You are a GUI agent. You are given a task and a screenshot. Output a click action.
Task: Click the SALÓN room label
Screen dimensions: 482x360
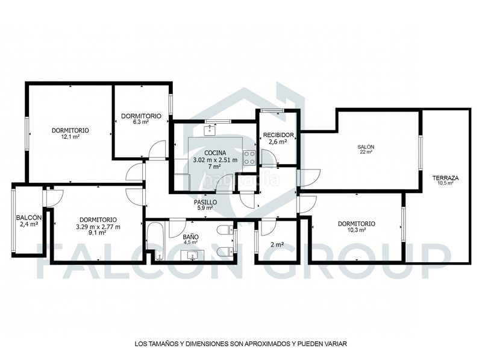click(366, 147)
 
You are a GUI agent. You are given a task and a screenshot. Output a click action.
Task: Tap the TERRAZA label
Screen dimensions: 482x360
click(445, 178)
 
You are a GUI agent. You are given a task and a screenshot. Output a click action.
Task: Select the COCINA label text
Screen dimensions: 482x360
click(215, 153)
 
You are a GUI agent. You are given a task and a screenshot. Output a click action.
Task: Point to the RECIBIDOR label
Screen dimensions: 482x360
click(278, 134)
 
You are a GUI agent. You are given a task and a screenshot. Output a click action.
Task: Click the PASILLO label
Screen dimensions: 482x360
click(205, 202)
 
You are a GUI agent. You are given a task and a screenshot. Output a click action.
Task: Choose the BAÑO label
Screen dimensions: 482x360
click(190, 237)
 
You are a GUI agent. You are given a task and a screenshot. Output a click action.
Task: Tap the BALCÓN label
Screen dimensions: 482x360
click(29, 218)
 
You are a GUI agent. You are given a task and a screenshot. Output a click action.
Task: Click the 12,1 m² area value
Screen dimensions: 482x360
click(70, 137)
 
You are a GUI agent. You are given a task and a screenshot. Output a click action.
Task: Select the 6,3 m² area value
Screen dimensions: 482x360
click(141, 122)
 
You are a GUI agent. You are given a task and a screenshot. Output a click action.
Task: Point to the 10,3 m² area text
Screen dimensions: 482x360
click(357, 230)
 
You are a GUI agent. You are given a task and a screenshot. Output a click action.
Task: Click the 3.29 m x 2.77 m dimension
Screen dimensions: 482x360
click(98, 227)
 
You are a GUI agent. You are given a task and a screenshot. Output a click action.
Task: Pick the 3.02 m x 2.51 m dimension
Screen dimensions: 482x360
click(215, 160)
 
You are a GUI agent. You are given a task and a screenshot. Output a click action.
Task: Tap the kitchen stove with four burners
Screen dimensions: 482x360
click(249, 157)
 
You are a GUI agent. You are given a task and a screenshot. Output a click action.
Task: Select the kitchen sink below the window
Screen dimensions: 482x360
click(210, 130)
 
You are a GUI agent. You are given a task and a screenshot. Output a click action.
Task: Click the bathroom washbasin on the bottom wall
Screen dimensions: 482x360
click(192, 256)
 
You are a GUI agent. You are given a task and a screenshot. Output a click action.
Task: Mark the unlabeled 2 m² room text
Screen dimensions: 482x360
click(277, 245)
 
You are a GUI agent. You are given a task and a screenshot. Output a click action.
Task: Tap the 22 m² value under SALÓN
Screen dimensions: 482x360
click(366, 152)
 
